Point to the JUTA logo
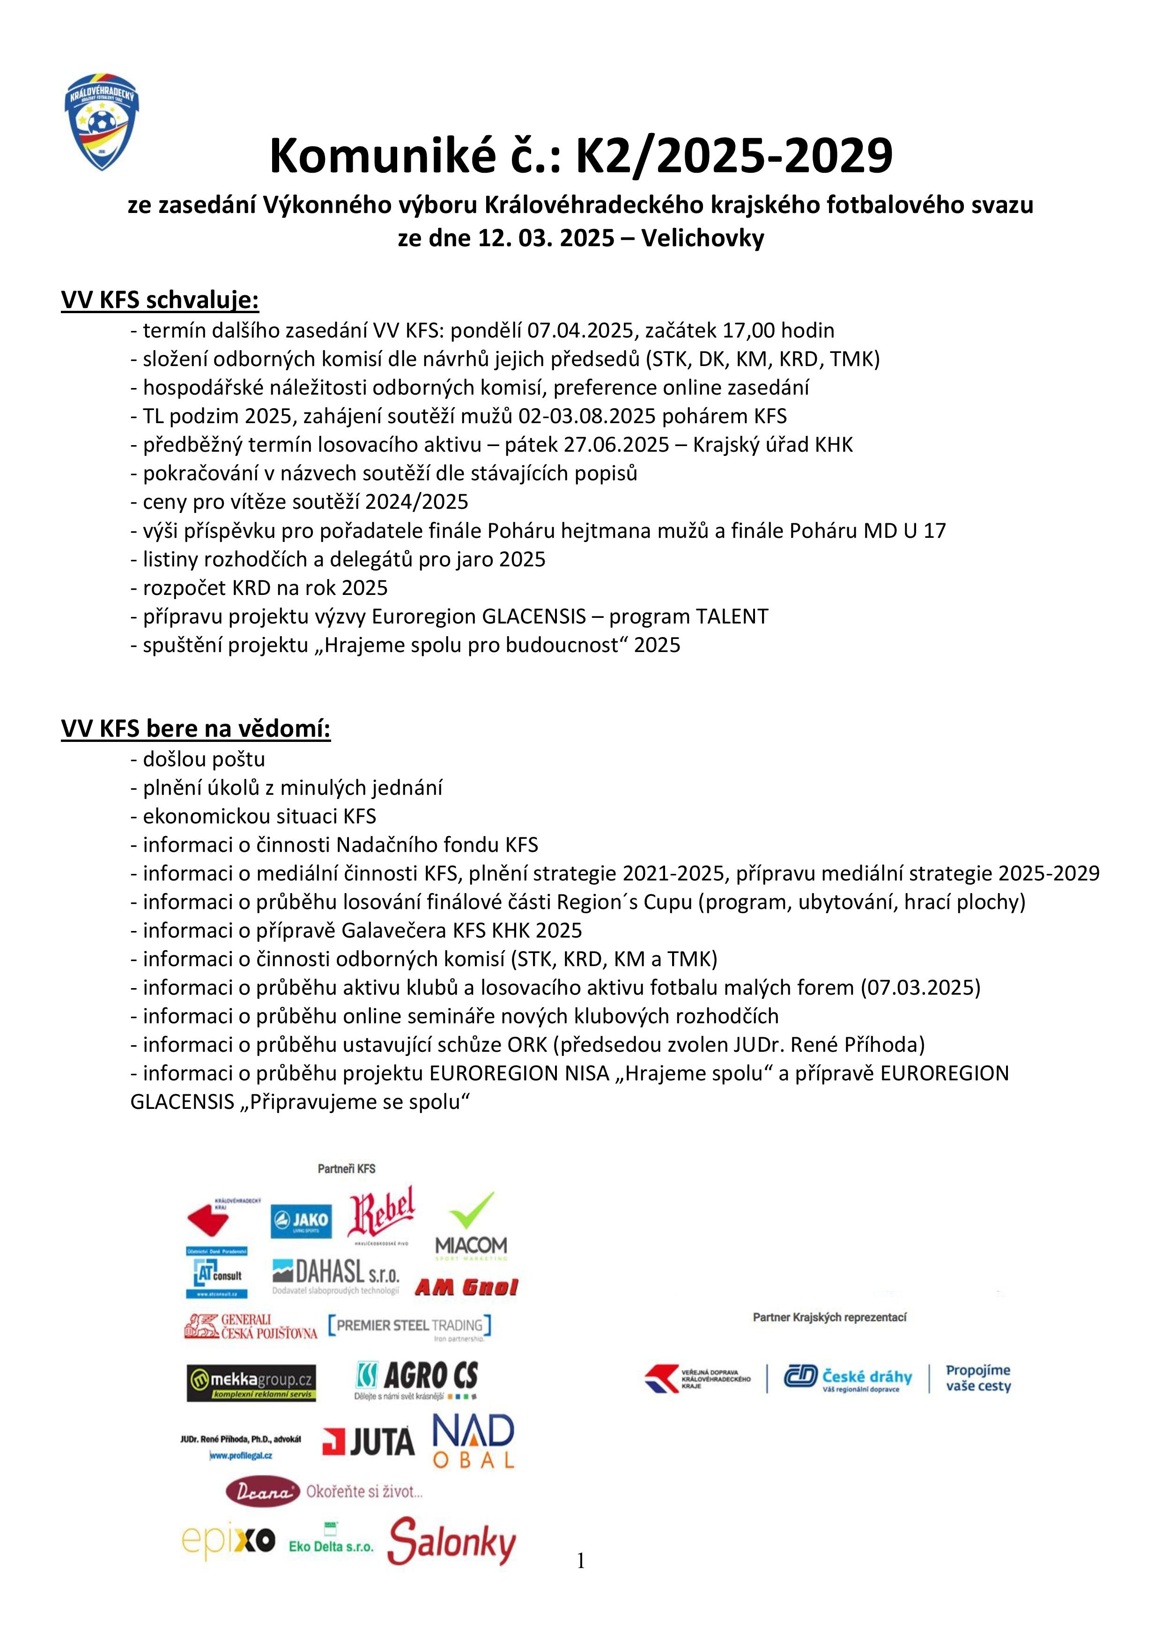tap(369, 1441)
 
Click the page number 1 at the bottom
tap(580, 1561)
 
